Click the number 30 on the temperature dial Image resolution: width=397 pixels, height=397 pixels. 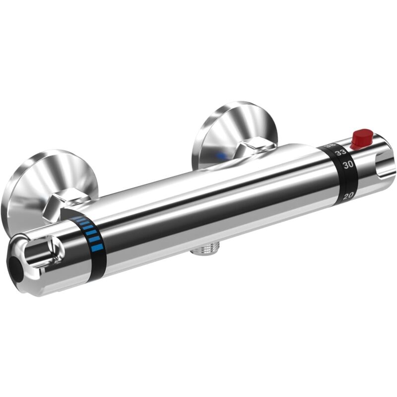348,164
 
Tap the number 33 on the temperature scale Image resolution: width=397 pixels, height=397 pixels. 340,153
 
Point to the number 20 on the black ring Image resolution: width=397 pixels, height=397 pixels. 348,197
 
